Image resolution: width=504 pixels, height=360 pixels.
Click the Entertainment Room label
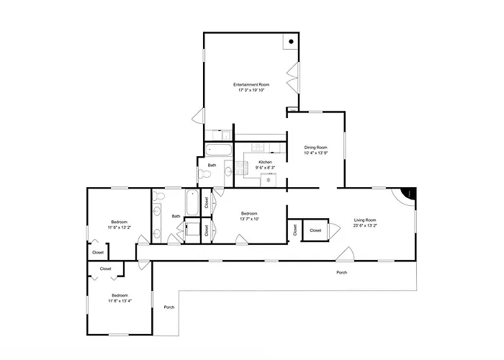pyautogui.click(x=251, y=84)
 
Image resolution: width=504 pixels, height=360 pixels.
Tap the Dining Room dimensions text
pyautogui.click(x=315, y=153)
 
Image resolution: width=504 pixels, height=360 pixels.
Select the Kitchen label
pyautogui.click(x=265, y=162)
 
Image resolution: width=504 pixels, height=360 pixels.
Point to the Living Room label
pyautogui.click(x=365, y=220)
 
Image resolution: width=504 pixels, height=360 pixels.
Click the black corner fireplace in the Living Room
pyautogui.click(x=409, y=194)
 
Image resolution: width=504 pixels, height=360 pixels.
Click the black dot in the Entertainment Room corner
pyautogui.click(x=291, y=42)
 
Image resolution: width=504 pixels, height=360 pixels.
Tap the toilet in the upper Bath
pyautogui.click(x=204, y=174)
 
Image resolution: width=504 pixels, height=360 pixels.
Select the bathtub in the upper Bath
pyautogui.click(x=219, y=150)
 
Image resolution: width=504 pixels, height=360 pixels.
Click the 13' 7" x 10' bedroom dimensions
pyautogui.click(x=249, y=219)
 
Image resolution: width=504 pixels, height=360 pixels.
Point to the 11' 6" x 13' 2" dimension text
pyautogui.click(x=120, y=228)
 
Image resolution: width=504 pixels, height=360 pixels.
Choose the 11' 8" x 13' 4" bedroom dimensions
pyautogui.click(x=120, y=301)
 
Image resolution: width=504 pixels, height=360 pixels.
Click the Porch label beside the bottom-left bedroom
pyautogui.click(x=169, y=307)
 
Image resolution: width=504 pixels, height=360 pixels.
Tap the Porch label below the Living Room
pyautogui.click(x=342, y=272)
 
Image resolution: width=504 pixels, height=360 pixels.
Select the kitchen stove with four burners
pyautogui.click(x=242, y=168)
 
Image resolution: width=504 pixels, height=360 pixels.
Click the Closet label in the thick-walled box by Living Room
pyautogui.click(x=315, y=230)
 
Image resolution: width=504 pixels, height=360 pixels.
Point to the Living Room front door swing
pyautogui.click(x=346, y=253)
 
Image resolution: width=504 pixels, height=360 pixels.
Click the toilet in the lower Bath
pyautogui.click(x=159, y=195)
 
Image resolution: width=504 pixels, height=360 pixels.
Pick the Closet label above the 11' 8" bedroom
pyautogui.click(x=105, y=269)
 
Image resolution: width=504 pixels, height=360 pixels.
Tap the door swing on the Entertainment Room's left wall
pyautogui.click(x=198, y=116)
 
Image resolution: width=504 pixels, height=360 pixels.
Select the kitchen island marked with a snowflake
pyautogui.click(x=268, y=180)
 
